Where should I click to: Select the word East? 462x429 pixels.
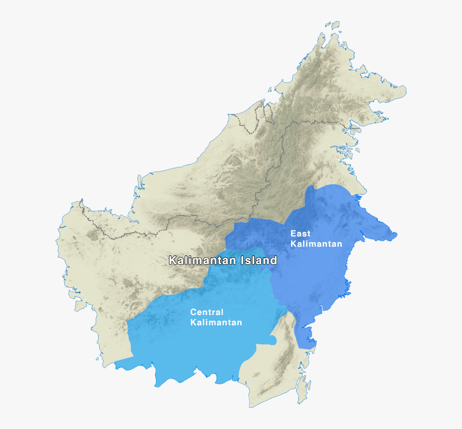click(x=300, y=233)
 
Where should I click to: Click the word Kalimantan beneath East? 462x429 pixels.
click(x=316, y=244)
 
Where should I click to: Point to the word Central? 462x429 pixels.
click(x=206, y=312)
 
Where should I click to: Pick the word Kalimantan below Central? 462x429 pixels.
click(x=216, y=322)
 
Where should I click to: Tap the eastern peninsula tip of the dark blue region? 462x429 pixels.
click(x=393, y=236)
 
